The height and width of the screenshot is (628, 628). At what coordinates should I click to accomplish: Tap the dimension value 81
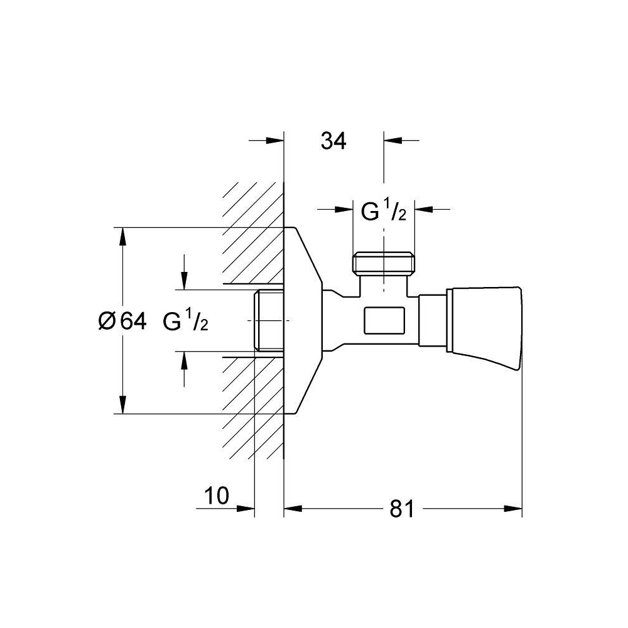pyautogui.click(x=401, y=509)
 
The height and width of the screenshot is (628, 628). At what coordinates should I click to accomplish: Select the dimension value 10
pyautogui.click(x=217, y=495)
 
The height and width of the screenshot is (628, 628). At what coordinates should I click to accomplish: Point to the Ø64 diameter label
pyautogui.click(x=122, y=321)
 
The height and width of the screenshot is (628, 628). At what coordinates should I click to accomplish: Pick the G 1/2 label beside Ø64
pyautogui.click(x=185, y=321)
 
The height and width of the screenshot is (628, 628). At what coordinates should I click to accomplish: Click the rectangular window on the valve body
pyautogui.click(x=384, y=320)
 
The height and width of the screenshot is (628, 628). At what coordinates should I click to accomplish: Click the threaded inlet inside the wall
pyautogui.click(x=269, y=320)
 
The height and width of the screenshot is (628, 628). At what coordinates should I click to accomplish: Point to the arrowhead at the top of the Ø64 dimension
pyautogui.click(x=123, y=236)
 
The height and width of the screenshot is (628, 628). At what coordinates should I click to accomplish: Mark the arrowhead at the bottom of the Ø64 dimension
pyautogui.click(x=123, y=405)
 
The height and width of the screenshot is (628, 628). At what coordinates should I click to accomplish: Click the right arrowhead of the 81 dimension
pyautogui.click(x=513, y=509)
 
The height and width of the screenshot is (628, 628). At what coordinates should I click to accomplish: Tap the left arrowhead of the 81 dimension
pyautogui.click(x=293, y=509)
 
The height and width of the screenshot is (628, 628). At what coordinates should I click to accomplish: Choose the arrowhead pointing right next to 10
pyautogui.click(x=246, y=509)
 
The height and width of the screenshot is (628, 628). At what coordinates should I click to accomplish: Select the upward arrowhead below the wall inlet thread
pyautogui.click(x=184, y=360)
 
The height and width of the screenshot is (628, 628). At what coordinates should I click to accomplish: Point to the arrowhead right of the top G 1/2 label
pyautogui.click(x=423, y=208)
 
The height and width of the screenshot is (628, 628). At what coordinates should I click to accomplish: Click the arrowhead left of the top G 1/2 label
pyautogui.click(x=344, y=208)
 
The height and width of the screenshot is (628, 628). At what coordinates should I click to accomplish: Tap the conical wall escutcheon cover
pyautogui.click(x=303, y=320)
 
